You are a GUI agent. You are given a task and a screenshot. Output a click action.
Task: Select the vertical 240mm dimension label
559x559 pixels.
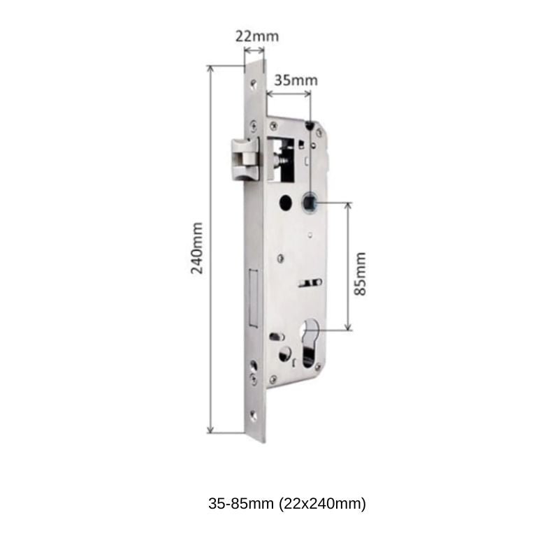click(x=198, y=248)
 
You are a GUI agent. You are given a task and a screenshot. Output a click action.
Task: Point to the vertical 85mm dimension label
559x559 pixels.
click(x=361, y=273)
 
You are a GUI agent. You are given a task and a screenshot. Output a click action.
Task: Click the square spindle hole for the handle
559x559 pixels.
click(x=309, y=204)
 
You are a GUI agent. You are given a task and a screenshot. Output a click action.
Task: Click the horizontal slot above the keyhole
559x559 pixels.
click(x=309, y=283)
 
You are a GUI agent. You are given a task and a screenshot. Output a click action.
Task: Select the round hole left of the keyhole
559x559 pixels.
click(x=285, y=354)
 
